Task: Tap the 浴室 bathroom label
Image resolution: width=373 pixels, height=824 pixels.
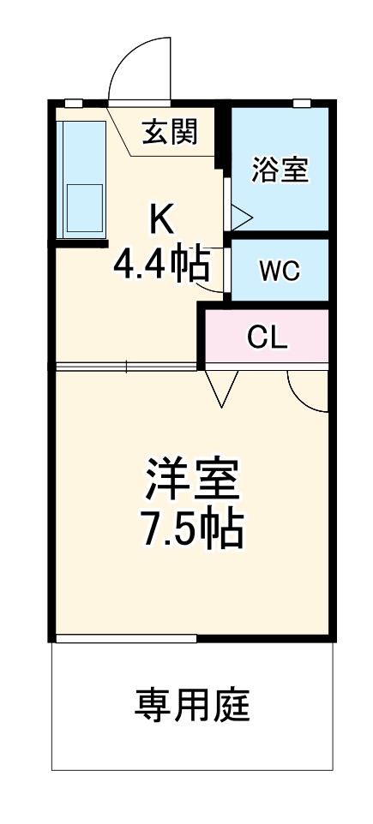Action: tap(279, 169)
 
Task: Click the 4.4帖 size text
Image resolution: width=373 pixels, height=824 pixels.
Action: tap(161, 266)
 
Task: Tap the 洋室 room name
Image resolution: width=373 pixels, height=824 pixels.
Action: tap(192, 481)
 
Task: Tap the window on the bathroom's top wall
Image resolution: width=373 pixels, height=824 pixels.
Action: tap(301, 104)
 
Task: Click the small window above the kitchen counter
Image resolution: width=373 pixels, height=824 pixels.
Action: tap(74, 104)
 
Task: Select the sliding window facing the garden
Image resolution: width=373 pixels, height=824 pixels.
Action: tap(125, 638)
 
